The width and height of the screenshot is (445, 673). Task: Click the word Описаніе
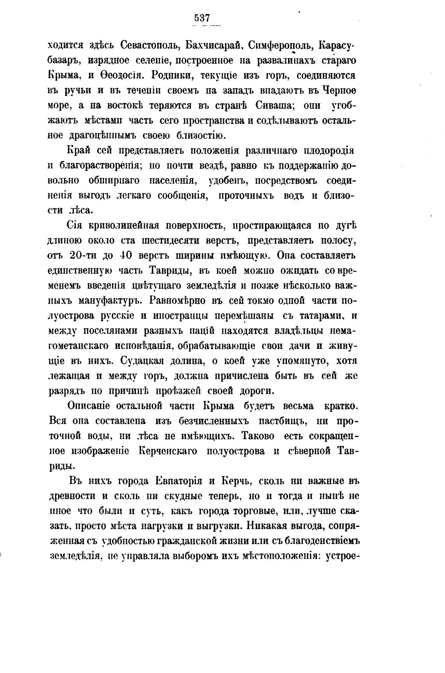89,406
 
